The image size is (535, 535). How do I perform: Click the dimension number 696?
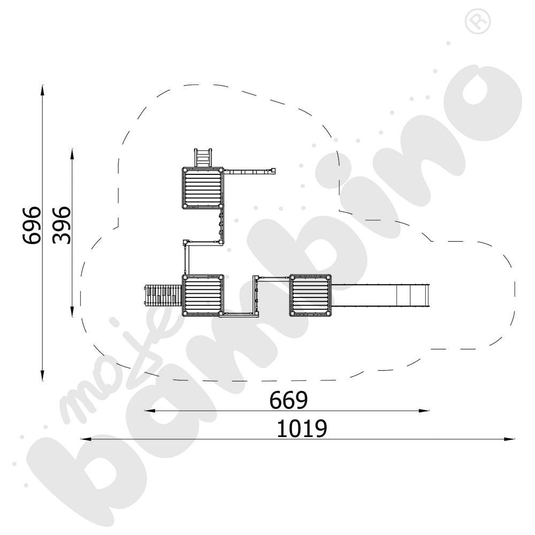(32, 225)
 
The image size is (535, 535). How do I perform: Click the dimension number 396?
(62, 225)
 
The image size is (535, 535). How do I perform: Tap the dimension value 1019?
(302, 429)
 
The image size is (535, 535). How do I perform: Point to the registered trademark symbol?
(478, 21)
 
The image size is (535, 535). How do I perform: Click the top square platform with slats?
(203, 188)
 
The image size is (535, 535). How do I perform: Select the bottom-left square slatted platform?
(203, 295)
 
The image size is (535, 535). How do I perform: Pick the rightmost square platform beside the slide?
(310, 295)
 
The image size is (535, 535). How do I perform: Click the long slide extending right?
(380, 295)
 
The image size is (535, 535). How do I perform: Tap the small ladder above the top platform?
(203, 158)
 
